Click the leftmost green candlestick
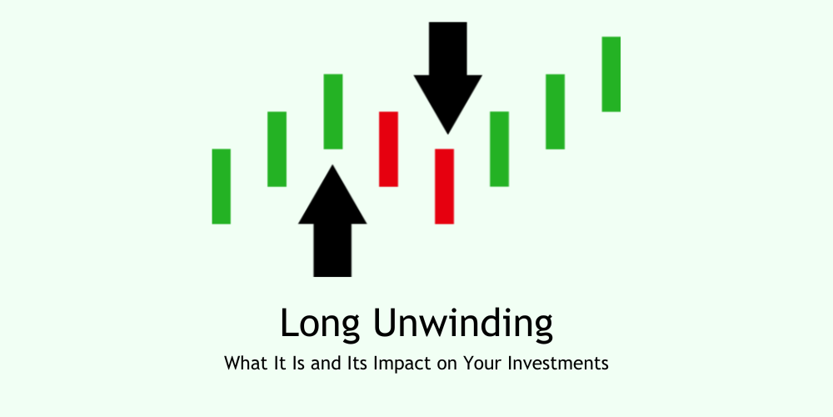click(221, 186)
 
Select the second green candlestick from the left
click(277, 148)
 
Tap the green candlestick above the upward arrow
click(333, 111)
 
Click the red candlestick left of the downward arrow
click(388, 148)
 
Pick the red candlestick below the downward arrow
click(444, 186)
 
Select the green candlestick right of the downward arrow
click(499, 148)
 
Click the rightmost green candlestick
click(611, 73)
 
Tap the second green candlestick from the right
click(555, 111)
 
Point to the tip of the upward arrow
click(332, 167)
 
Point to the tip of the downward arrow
click(447, 133)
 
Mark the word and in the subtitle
click(337, 364)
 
